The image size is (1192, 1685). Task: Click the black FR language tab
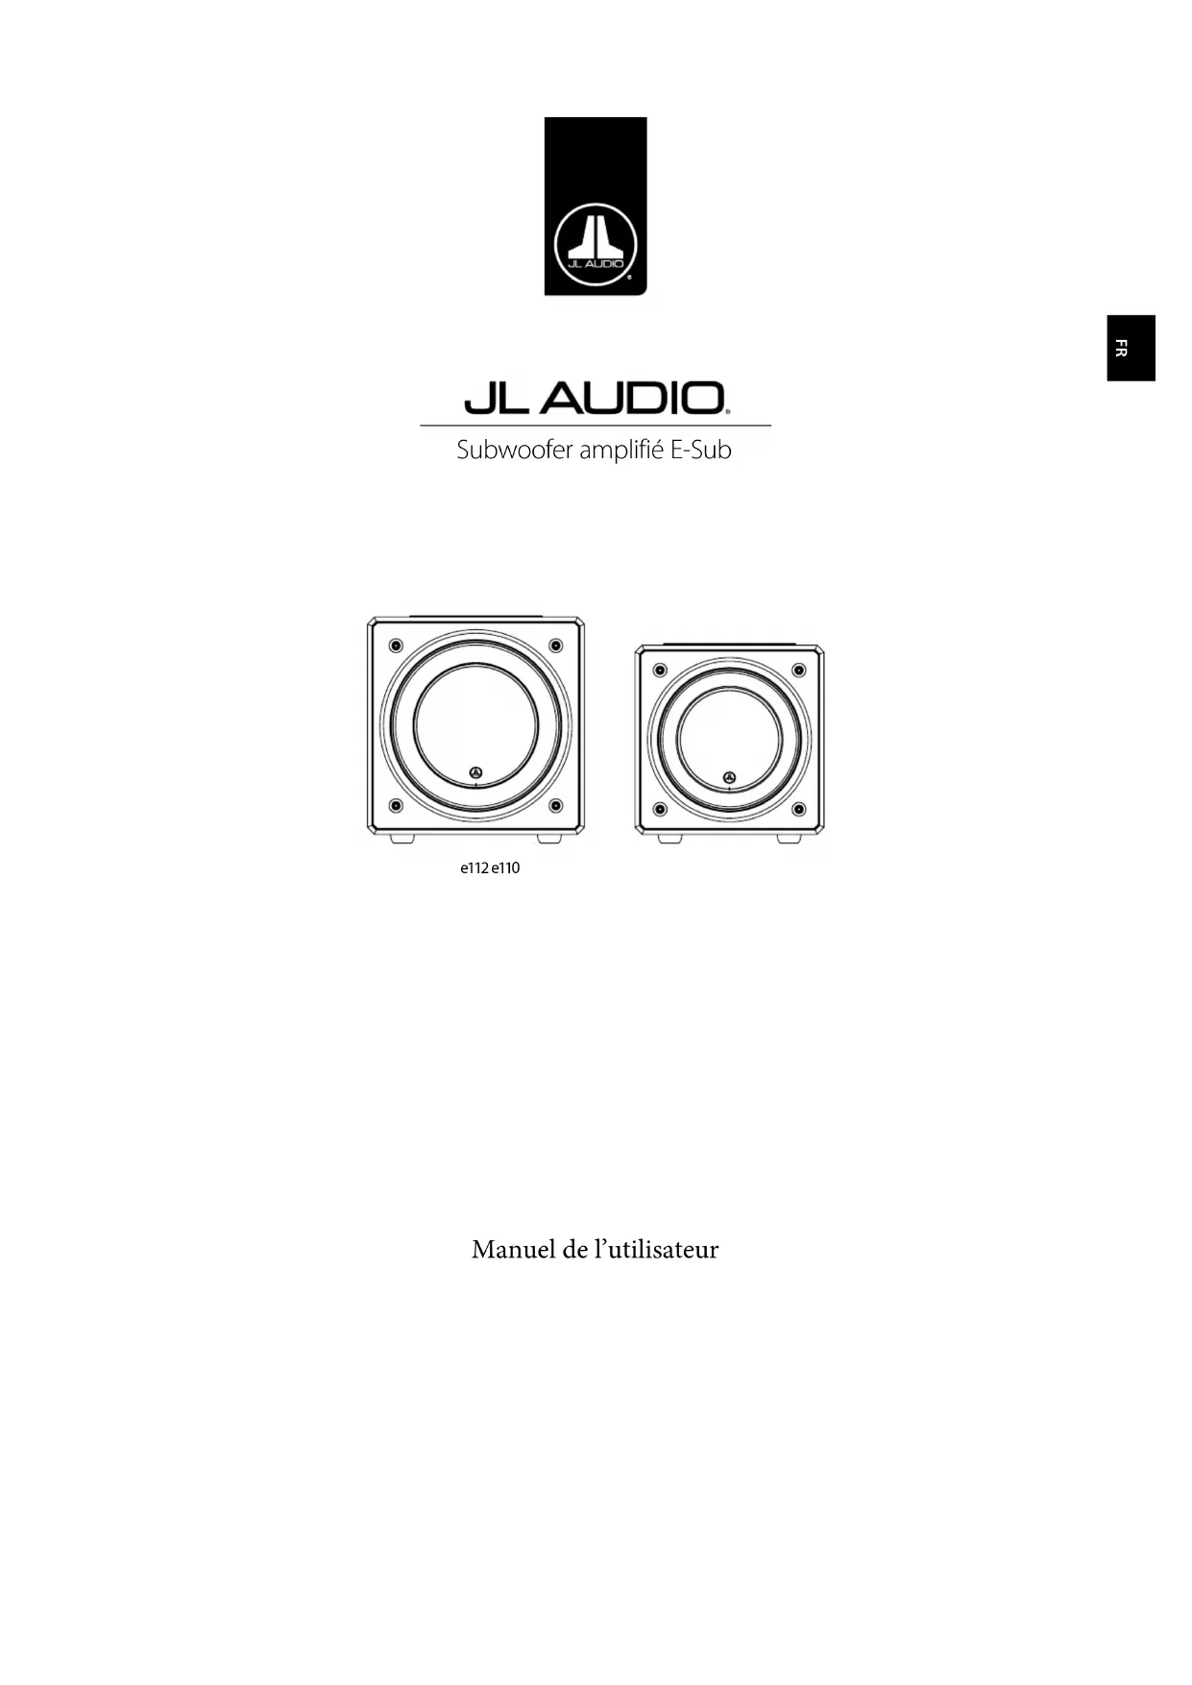(x=1131, y=348)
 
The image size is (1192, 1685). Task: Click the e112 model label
(x=474, y=868)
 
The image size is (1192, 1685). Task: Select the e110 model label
(x=505, y=868)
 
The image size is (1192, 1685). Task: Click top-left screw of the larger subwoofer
(x=395, y=645)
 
